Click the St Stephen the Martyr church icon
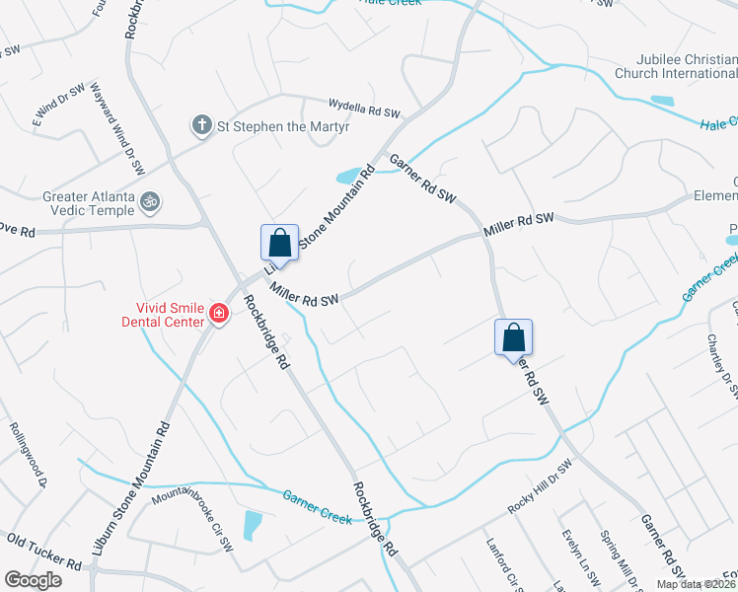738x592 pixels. click(x=201, y=124)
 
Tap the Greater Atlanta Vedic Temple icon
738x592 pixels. click(x=150, y=201)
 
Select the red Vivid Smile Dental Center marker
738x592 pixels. click(x=218, y=315)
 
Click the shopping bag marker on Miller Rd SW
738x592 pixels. click(x=279, y=243)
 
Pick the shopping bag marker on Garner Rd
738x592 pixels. click(x=513, y=337)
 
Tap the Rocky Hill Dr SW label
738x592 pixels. click(x=540, y=487)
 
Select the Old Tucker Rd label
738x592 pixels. click(x=43, y=552)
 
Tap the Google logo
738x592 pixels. click(x=34, y=580)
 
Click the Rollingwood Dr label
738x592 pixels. click(x=29, y=454)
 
